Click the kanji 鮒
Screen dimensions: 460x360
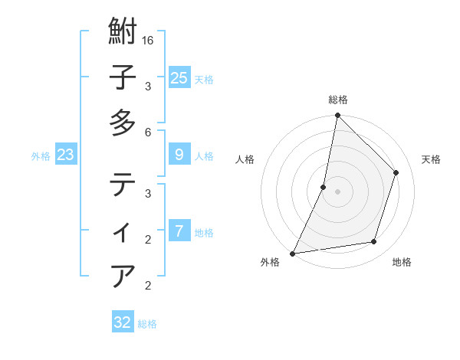123,33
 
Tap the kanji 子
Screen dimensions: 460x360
123,77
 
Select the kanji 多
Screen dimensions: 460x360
123,123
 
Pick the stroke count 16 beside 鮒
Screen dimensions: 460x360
148,39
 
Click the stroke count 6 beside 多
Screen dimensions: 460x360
148,132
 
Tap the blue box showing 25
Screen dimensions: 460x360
179,78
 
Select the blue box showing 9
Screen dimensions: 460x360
179,155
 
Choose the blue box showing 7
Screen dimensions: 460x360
179,231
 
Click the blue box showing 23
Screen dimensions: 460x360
65,155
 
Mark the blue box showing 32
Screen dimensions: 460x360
123,322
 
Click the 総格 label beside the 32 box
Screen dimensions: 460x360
147,324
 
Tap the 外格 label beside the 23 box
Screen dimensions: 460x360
41,156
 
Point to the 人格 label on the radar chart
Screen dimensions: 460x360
245,159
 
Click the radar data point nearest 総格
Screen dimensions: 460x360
337,115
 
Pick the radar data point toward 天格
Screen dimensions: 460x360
396,172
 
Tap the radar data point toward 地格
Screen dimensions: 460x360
374,242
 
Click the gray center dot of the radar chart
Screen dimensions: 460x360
337,191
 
